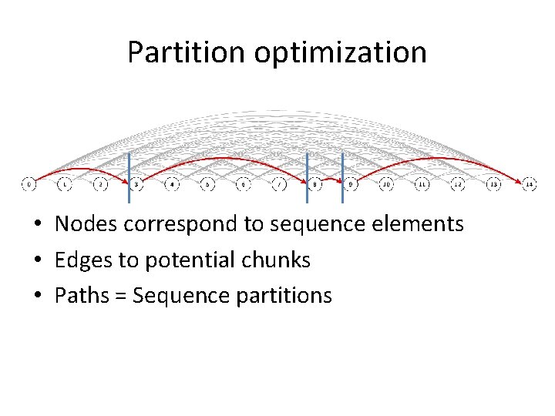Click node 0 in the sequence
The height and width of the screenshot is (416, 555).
point(28,185)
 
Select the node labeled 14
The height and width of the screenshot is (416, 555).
point(530,185)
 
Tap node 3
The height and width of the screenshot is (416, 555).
point(136,185)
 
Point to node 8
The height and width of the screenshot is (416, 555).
point(315,185)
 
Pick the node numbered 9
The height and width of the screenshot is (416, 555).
point(351,185)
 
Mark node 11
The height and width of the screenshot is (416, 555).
point(422,185)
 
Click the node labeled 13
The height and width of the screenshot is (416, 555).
point(494,185)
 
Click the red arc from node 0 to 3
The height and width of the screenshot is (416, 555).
point(77,169)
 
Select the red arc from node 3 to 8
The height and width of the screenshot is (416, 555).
point(224,158)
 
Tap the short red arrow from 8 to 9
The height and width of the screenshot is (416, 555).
point(332,179)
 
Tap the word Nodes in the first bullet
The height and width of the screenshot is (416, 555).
point(86,224)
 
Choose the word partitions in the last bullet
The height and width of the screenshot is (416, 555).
point(284,296)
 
